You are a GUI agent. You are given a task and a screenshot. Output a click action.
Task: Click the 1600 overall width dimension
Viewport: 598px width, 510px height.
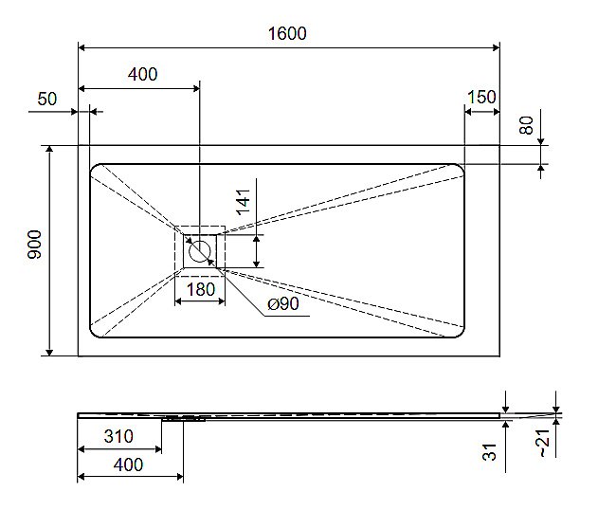pos(288,33)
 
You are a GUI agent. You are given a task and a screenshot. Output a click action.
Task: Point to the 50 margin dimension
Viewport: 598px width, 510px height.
pos(47,99)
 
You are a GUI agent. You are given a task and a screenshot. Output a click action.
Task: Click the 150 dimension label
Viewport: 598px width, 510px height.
pos(481,98)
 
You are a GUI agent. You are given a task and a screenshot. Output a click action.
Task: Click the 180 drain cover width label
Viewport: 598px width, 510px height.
pos(200,290)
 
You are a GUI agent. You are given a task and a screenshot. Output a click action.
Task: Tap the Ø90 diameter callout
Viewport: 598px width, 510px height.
pos(283,304)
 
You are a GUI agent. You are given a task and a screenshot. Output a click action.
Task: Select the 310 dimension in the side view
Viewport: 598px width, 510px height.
pos(118,437)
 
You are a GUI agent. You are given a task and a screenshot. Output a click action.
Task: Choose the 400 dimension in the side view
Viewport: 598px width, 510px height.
pos(127,464)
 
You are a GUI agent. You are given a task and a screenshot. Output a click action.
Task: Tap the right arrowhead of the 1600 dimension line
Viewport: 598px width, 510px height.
pos(496,46)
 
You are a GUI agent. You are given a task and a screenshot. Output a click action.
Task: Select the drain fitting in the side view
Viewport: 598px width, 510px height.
pos(182,416)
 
